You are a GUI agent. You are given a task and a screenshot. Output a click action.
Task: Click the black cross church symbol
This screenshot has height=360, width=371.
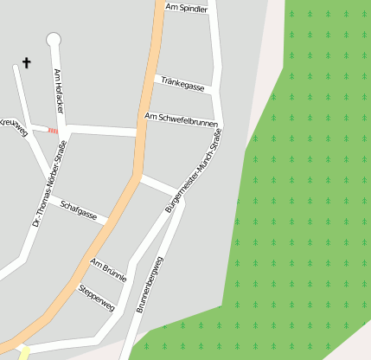pos(26,63)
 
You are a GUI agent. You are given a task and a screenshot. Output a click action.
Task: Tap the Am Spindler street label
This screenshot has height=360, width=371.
pos(186,9)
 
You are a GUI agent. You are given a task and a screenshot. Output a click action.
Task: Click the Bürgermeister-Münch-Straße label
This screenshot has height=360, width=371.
pos(194,171)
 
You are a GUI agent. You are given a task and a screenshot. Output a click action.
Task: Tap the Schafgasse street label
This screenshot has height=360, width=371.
pos(78,209)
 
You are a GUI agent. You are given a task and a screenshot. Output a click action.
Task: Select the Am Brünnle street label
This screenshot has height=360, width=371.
pos(109,270)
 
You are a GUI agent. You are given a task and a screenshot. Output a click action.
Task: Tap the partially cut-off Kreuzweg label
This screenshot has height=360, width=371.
pos(12,126)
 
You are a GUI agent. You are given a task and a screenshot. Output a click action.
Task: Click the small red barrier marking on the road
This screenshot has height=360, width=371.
pos(54,130)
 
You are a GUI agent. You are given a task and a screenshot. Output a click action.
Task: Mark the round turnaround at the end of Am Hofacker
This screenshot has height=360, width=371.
pos(54,39)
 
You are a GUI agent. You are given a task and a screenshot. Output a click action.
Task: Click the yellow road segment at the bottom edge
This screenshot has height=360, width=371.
pos(22,352)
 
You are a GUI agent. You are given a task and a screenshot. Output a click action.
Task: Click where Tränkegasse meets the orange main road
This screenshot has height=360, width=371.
pos(155,77)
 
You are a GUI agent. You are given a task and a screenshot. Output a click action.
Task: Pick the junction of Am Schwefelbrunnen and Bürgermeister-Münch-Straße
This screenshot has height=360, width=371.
pos(221,123)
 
